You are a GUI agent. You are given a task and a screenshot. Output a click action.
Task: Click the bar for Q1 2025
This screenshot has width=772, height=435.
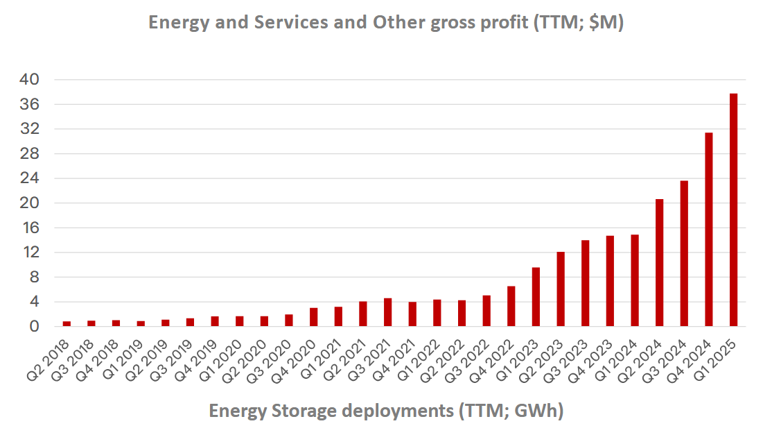(733, 210)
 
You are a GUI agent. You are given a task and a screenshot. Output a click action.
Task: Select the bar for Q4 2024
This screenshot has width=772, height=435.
(709, 230)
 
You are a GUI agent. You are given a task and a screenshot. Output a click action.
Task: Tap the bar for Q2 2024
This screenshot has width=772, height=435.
(659, 263)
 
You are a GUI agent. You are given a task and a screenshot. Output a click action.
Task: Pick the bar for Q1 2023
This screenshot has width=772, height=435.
(536, 297)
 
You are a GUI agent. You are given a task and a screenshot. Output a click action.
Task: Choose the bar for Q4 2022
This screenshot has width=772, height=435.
(511, 306)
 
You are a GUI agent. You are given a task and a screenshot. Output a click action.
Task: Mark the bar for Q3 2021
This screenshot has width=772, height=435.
(387, 312)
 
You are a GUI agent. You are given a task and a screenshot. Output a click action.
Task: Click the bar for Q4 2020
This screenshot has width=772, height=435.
(313, 317)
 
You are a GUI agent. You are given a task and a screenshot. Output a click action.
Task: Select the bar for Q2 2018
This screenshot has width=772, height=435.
(67, 323)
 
